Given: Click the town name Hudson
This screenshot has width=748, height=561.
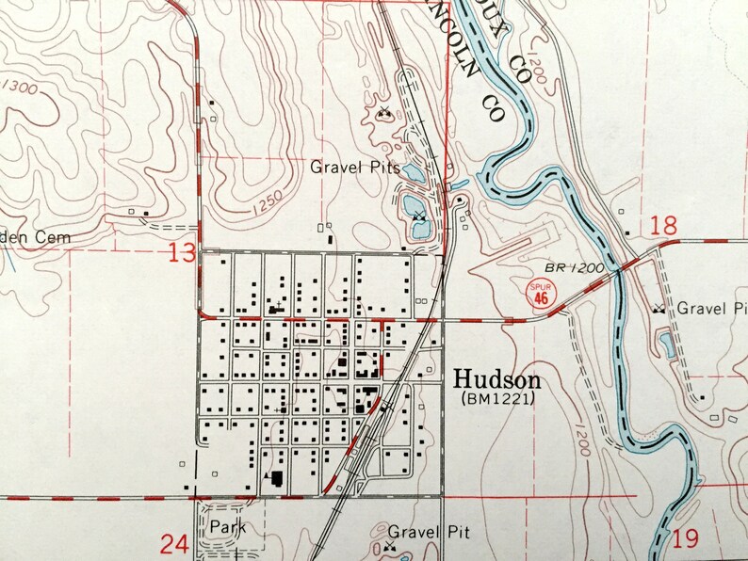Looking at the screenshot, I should [497, 379].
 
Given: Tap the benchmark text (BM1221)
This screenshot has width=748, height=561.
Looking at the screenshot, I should [497, 400].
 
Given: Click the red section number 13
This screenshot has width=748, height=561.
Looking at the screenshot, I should [183, 252].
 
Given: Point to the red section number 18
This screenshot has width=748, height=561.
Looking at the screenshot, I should [663, 224].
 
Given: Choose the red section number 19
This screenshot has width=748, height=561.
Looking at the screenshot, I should [687, 538].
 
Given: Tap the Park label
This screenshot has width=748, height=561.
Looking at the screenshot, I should [227, 527].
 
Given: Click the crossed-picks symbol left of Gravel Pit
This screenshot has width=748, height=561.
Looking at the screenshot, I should [389, 543].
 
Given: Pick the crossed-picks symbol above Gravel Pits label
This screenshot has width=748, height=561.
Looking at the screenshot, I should [383, 112].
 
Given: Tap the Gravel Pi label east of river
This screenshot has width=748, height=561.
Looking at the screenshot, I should [712, 308].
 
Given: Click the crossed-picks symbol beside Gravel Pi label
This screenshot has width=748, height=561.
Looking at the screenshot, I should [660, 308].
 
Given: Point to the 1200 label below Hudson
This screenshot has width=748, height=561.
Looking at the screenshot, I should [574, 428].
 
